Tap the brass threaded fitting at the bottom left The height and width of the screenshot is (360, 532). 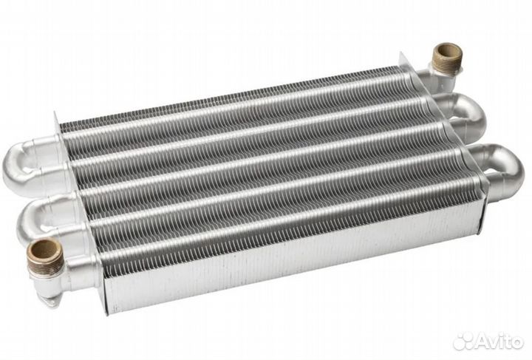point(45,257)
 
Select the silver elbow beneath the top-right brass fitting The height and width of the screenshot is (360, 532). point(437,80)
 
